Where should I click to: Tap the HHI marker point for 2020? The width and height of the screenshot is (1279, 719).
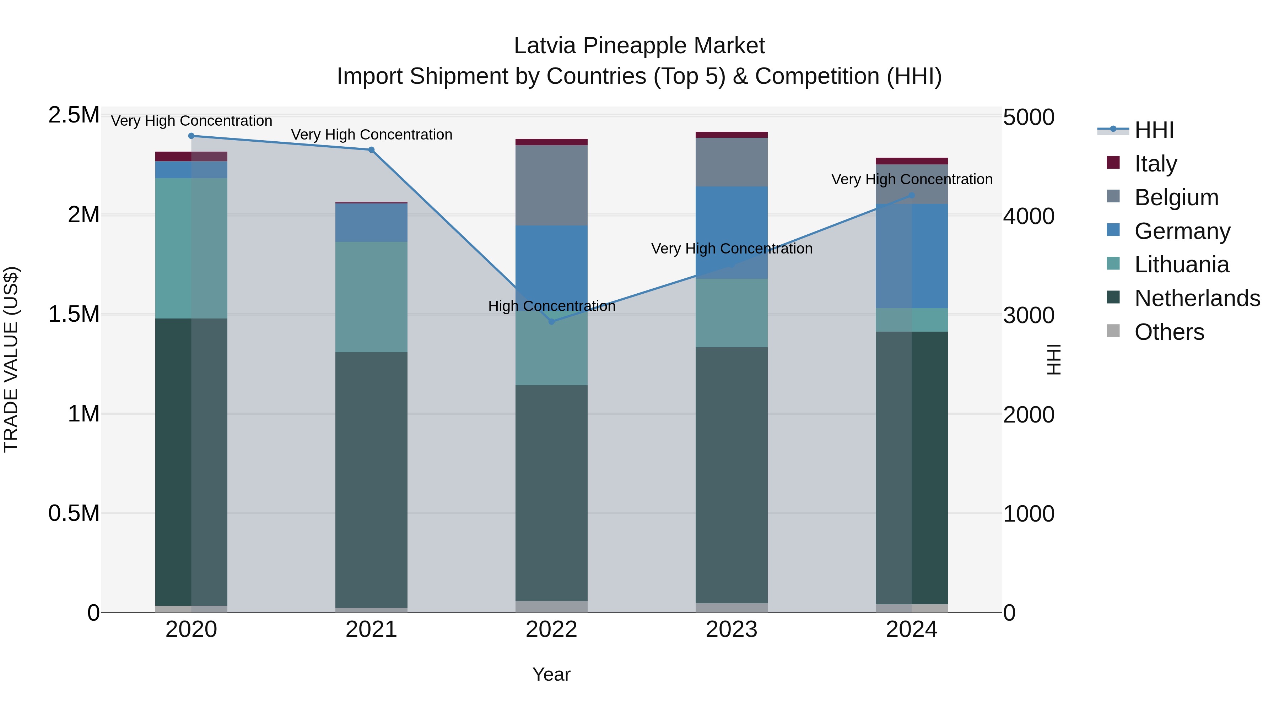191,136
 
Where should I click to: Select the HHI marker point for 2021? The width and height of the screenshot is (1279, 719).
371,150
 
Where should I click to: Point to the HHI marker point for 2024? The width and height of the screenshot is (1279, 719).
912,196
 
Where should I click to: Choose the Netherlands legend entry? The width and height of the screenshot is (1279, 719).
1197,298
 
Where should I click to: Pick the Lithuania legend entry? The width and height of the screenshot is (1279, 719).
1181,265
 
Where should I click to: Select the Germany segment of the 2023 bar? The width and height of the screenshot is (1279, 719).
732,232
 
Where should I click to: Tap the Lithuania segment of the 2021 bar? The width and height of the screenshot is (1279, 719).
371,297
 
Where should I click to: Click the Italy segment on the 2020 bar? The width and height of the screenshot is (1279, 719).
191,156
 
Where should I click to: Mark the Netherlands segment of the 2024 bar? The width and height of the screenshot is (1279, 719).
912,467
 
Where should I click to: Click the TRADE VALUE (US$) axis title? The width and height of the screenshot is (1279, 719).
11,359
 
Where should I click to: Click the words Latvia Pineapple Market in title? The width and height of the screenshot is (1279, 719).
639,46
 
